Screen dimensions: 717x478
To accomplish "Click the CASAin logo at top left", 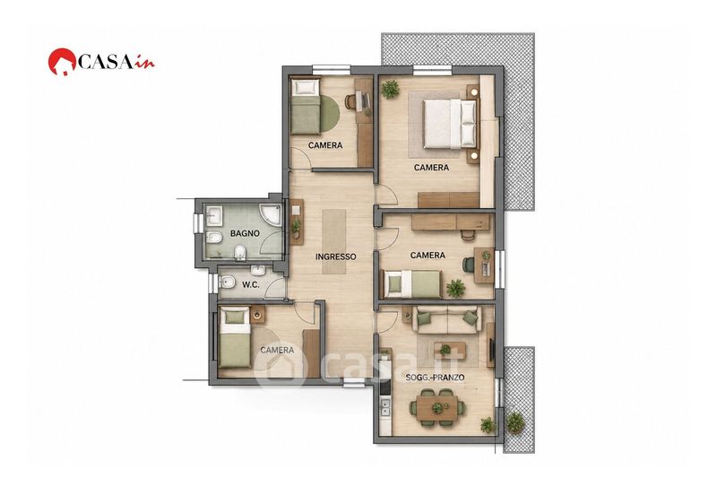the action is [x=101, y=61].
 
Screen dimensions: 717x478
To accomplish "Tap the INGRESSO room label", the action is [x=335, y=256].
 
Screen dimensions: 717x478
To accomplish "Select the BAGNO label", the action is [x=245, y=233].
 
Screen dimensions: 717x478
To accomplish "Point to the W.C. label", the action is [x=251, y=284].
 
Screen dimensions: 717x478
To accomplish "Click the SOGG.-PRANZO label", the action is [x=436, y=378].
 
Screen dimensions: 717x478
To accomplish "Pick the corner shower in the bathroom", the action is [x=271, y=215].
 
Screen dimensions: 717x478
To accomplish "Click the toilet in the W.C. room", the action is [x=228, y=283].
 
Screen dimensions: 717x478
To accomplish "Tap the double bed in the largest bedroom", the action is [x=450, y=124].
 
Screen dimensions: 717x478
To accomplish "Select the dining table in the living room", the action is [x=436, y=408].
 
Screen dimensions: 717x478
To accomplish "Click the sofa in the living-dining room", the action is [x=447, y=320].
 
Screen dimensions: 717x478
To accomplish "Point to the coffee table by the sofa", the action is [x=450, y=350].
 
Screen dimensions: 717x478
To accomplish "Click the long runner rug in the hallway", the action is [x=334, y=241].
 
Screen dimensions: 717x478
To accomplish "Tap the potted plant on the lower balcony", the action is [x=515, y=422].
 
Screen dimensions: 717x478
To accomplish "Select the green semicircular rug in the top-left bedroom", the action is [x=330, y=114].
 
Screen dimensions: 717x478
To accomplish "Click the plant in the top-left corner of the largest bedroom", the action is [x=390, y=89].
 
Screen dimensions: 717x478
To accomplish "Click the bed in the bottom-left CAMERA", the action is [x=235, y=337].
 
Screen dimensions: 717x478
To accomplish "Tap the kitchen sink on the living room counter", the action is [x=385, y=407].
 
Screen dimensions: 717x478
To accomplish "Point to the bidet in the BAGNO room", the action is [x=214, y=238].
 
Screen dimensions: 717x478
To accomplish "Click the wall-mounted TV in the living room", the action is [x=492, y=349].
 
